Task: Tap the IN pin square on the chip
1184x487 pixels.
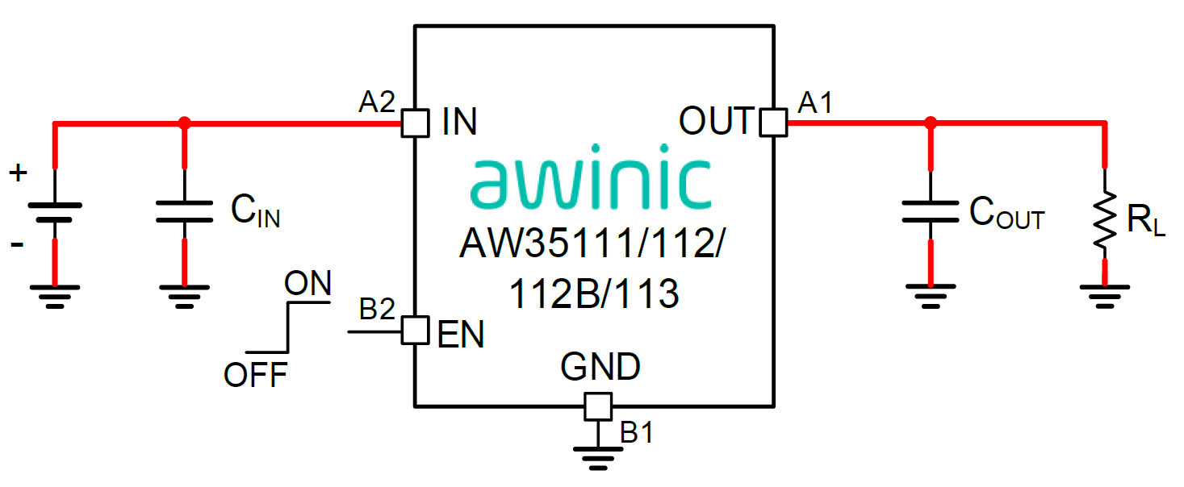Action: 415,123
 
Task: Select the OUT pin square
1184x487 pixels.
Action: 773,123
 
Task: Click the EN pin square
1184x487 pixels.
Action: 415,331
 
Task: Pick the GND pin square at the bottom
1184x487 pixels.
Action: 598,406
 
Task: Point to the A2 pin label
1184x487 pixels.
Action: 377,102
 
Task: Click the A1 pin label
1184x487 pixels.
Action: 815,102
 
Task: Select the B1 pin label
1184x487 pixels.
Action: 636,433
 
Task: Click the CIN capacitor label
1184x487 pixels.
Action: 255,211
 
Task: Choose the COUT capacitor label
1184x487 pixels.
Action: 1006,213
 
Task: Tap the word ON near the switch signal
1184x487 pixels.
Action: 308,283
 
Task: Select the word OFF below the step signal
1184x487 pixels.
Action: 255,375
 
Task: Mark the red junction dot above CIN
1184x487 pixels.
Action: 185,123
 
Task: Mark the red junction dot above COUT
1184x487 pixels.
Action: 931,123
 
